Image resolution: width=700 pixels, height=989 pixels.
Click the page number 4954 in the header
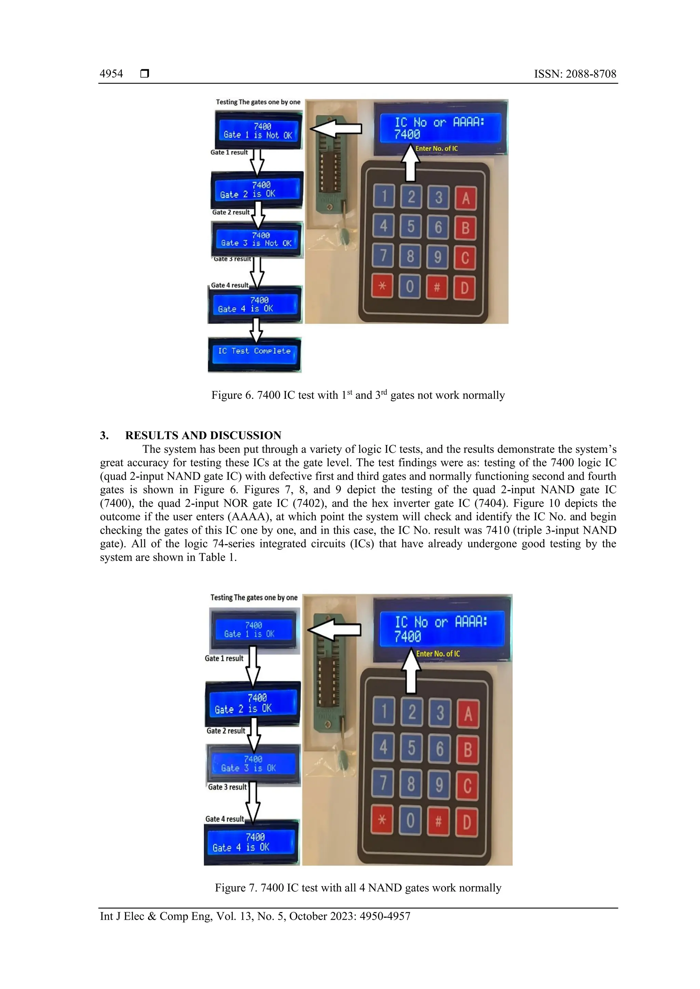pyautogui.click(x=111, y=74)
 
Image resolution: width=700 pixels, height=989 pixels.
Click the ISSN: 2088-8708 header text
pyautogui.click(x=575, y=74)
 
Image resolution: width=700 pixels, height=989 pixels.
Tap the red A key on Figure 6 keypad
pyautogui.click(x=466, y=198)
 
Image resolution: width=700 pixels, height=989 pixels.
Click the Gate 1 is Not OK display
pyautogui.click(x=258, y=130)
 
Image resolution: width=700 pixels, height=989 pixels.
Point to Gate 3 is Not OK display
pyautogui.click(x=257, y=239)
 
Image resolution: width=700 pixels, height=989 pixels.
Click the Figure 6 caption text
pyautogui.click(x=358, y=395)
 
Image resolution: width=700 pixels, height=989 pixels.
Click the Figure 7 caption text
pyautogui.click(x=358, y=888)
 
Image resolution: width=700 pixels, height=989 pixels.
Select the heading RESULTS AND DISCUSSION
pyautogui.click(x=203, y=435)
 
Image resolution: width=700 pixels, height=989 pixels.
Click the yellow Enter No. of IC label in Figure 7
pyautogui.click(x=437, y=653)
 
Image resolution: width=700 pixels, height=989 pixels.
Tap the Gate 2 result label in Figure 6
pyautogui.click(x=231, y=212)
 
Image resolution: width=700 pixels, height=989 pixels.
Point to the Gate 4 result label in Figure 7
pyautogui.click(x=224, y=819)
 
